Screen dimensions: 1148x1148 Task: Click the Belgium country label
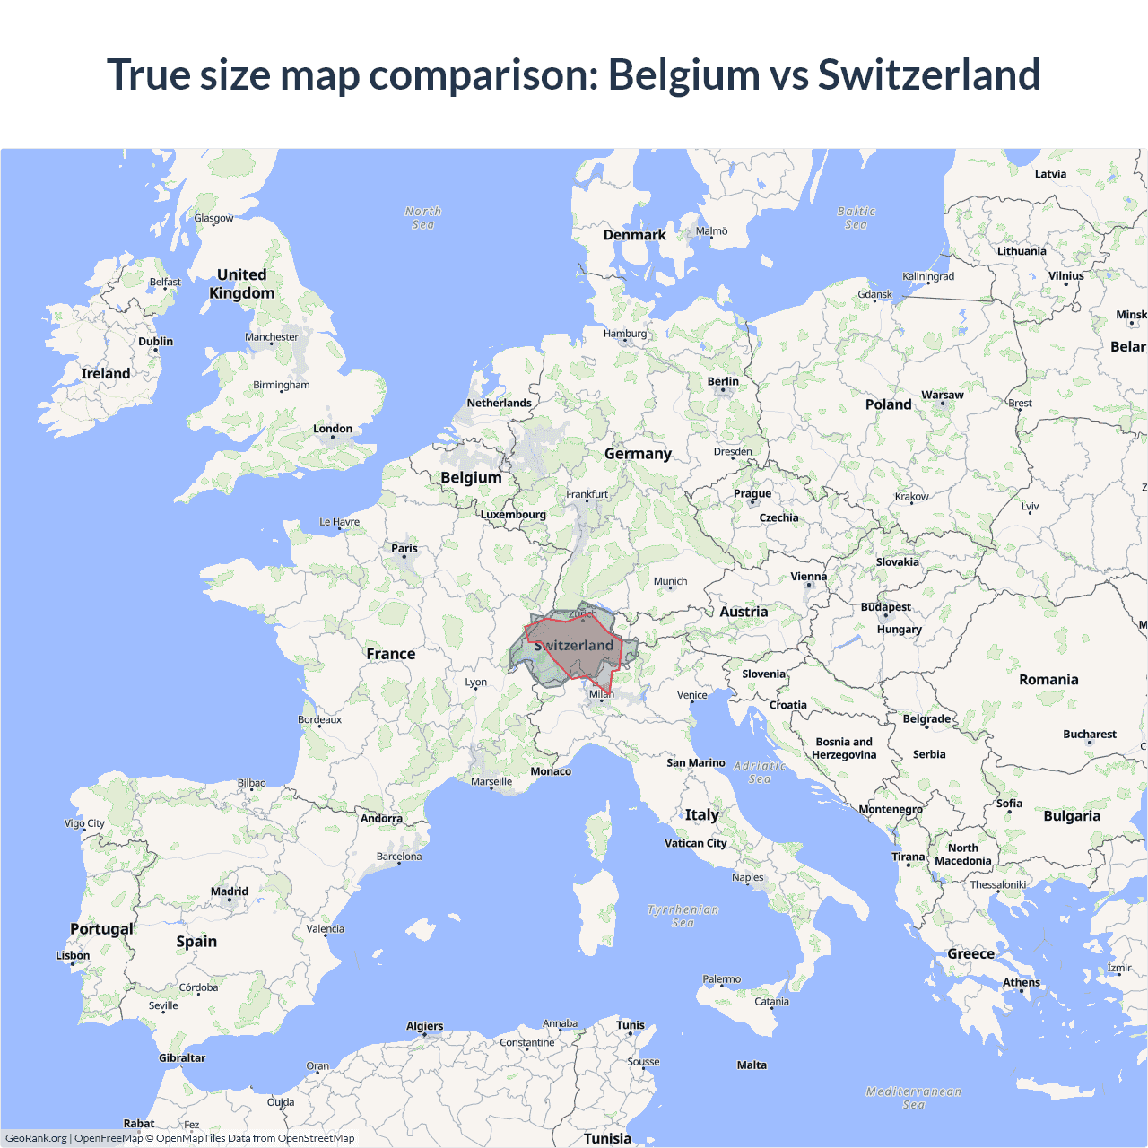471,477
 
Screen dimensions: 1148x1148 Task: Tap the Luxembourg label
513,514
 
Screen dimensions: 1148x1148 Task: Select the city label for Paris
404,548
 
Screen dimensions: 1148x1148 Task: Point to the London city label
333,429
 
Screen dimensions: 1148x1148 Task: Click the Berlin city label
723,381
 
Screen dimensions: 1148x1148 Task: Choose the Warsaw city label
942,395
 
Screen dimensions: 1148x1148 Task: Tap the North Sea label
422,218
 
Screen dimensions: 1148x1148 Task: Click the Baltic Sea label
856,218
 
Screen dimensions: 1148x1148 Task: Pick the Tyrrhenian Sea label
683,916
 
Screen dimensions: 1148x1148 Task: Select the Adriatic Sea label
760,772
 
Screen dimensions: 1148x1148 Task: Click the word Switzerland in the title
929,74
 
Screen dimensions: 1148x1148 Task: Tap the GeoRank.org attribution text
36,1138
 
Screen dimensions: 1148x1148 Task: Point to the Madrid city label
230,891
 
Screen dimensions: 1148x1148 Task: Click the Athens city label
1022,982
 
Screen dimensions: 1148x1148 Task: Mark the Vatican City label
696,843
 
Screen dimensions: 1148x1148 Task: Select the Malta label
752,1065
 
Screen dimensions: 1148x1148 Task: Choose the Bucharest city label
1090,734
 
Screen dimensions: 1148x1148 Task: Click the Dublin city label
155,342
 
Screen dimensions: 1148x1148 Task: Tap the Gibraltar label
182,1058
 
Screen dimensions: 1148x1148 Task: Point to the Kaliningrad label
928,276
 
